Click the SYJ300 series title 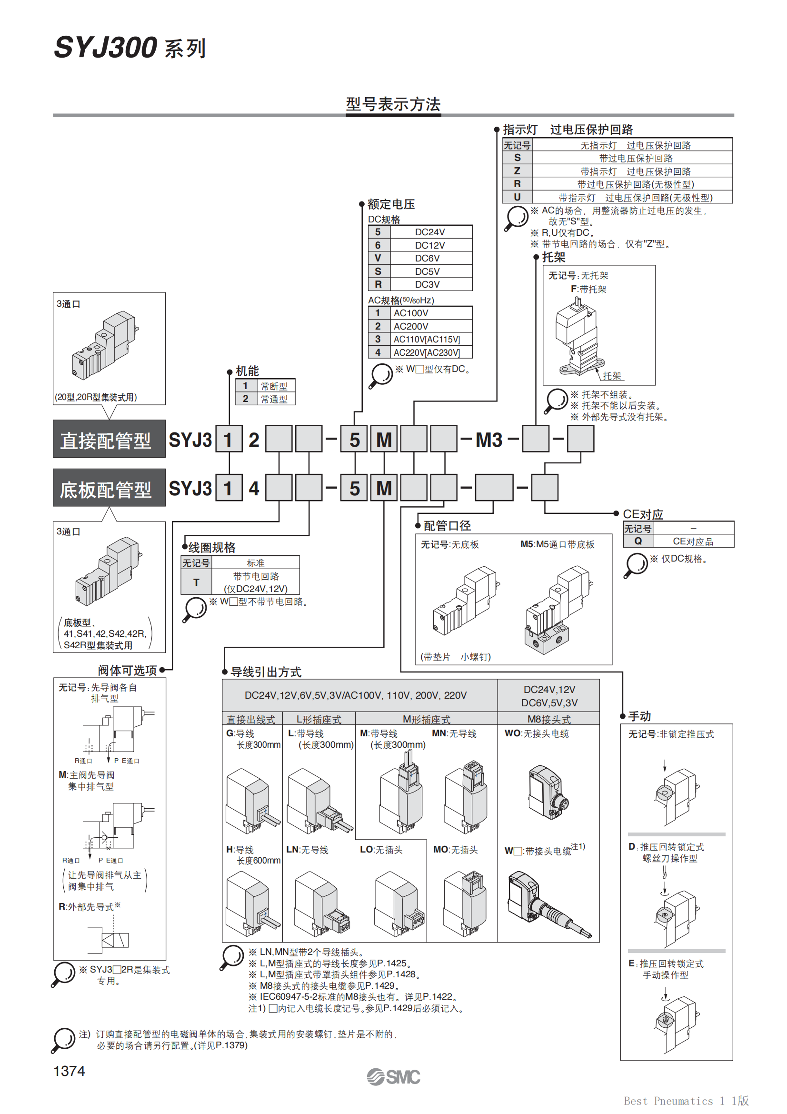[x=130, y=48]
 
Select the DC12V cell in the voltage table [x=429, y=245]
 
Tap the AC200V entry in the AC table [x=411, y=326]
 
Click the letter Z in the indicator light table [x=517, y=171]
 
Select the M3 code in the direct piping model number [x=488, y=440]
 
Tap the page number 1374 [x=70, y=1071]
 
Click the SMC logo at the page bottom [x=393, y=1077]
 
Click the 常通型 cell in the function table [x=274, y=399]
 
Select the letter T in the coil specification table [x=196, y=582]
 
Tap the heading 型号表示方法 [x=393, y=104]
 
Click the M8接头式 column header [x=548, y=719]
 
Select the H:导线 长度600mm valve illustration [x=252, y=903]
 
